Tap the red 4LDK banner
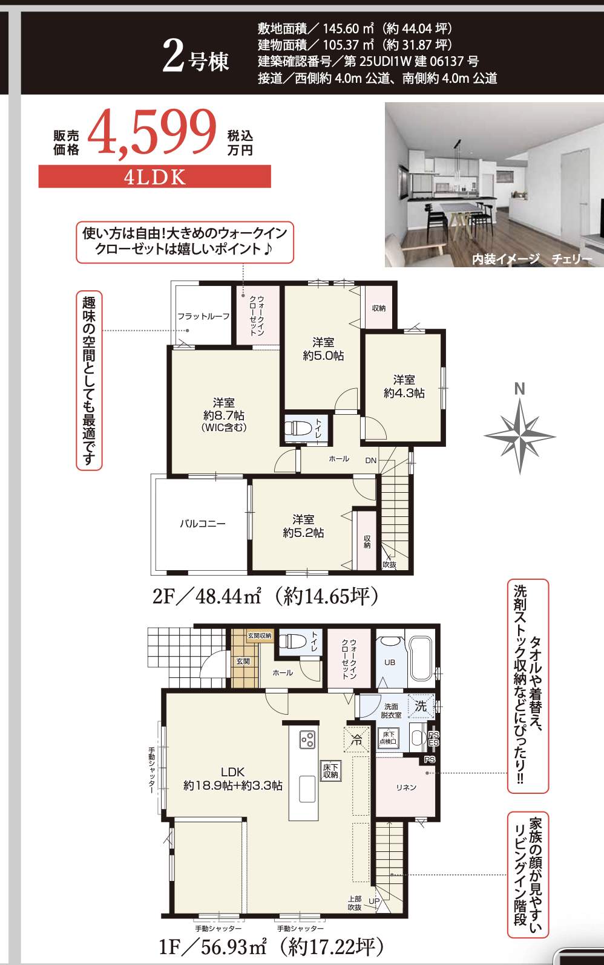tap(154, 177)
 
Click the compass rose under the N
tap(520, 435)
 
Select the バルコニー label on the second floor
tap(202, 524)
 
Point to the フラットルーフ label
tap(203, 316)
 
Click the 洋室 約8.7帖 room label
tap(224, 415)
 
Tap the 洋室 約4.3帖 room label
tap(404, 386)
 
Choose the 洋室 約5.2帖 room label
tap(303, 526)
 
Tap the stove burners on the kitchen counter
tap(307, 739)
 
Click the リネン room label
tap(406, 787)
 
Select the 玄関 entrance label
tap(243, 661)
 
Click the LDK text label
tap(232, 772)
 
